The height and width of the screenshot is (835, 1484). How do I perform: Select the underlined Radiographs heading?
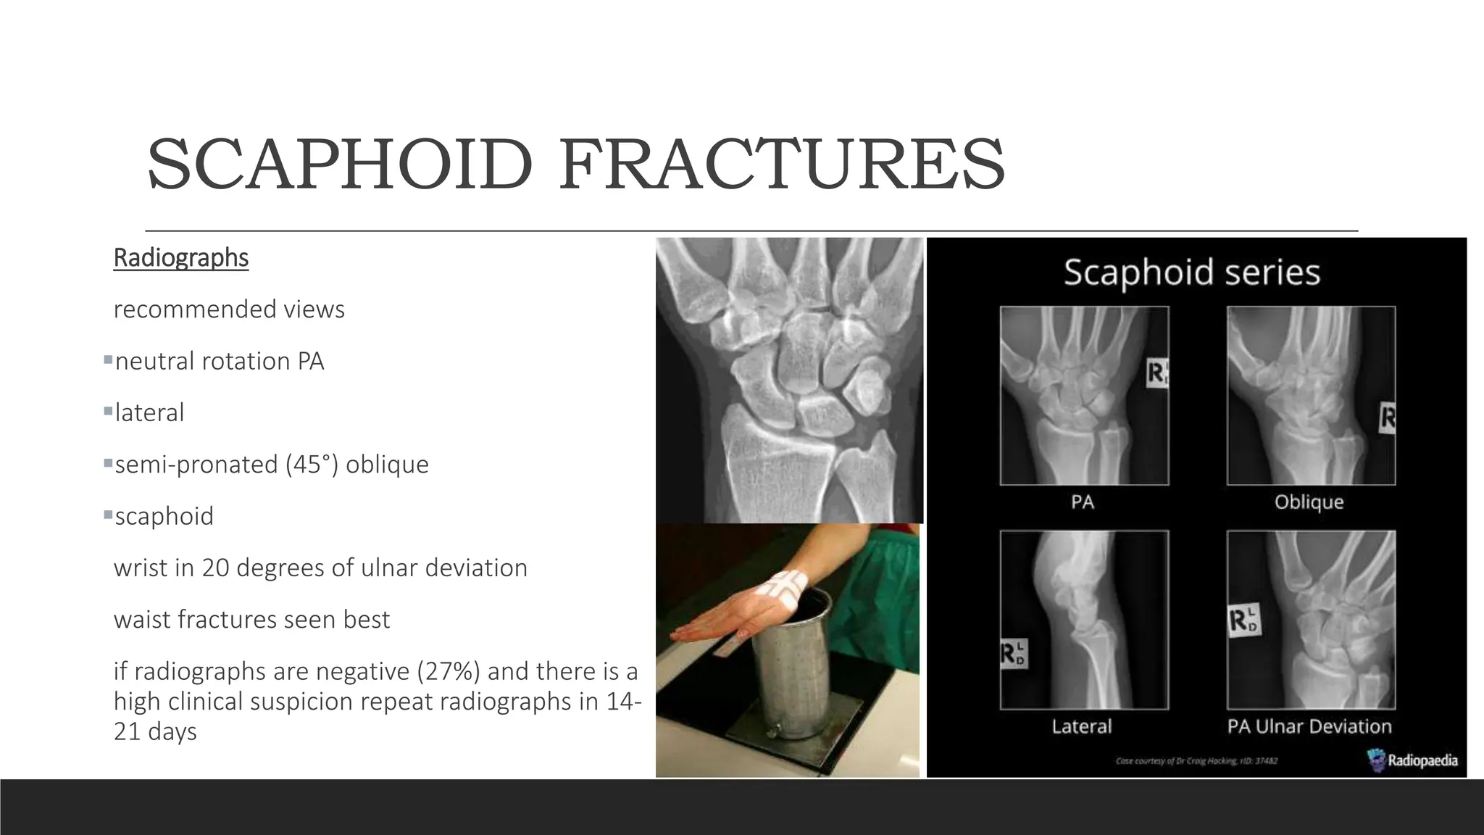[x=181, y=257]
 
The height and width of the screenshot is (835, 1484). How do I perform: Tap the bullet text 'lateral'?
[x=149, y=412]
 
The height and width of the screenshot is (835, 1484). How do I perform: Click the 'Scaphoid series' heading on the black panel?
[x=1191, y=273]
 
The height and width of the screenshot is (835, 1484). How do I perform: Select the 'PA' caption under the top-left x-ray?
[x=1082, y=502]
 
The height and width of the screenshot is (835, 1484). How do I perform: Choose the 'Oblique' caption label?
[x=1309, y=502]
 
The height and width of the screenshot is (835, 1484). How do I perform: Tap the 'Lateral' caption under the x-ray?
[x=1081, y=726]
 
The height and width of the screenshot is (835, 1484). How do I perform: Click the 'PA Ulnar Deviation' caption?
[x=1309, y=726]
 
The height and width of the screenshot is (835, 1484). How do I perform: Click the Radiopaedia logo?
[x=1412, y=760]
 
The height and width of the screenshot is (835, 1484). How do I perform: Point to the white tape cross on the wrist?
[x=786, y=586]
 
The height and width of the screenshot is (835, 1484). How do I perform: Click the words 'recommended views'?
[x=229, y=310]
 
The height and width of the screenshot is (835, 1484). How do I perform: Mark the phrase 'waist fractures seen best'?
[x=251, y=620]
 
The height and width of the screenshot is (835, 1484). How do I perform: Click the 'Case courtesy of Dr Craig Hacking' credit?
[x=1196, y=761]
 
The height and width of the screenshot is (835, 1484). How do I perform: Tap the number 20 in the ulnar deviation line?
[x=215, y=568]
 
